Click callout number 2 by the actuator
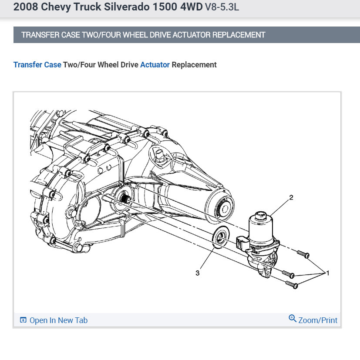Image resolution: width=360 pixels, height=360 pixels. point(291,198)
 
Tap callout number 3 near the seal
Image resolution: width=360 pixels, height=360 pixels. point(198,273)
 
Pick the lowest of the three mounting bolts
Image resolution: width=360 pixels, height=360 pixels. point(292,285)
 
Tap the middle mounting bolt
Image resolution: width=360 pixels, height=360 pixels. point(289,274)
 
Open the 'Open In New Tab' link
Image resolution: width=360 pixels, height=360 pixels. point(58,320)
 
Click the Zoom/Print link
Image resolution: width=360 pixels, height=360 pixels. point(318,320)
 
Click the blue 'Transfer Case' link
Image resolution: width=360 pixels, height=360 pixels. point(37,65)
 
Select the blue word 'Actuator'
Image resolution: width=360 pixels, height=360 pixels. point(155,65)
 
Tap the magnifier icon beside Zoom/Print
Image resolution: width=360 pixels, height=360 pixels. point(293,319)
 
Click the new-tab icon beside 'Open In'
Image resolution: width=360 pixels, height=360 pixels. point(24,320)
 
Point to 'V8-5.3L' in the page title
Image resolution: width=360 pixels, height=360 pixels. point(222,8)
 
